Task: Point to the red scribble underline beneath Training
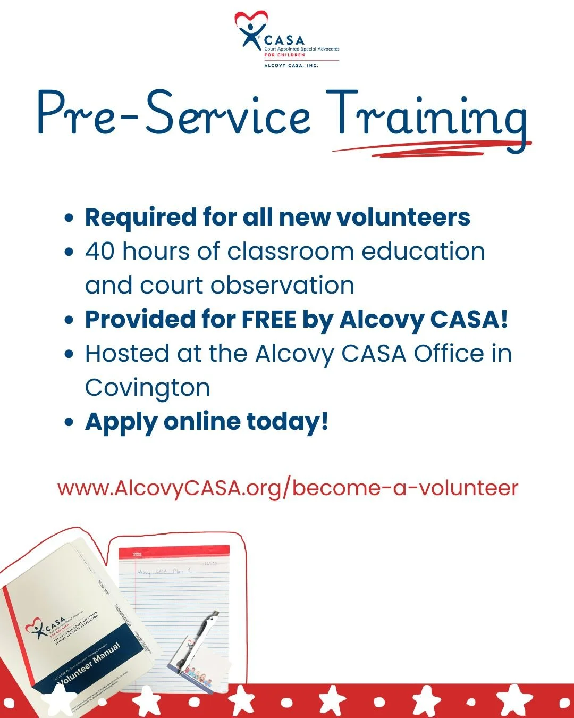(430, 148)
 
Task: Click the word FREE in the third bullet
(269, 320)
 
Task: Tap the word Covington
(147, 388)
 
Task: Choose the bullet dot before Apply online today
(69, 422)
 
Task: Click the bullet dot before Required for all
(69, 218)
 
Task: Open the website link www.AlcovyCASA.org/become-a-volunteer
(288, 488)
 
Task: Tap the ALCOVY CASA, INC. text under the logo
(291, 65)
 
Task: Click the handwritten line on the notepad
(165, 572)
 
